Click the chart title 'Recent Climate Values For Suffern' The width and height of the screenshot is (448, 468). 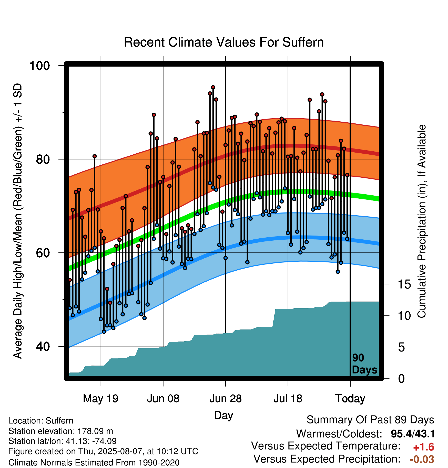click(224, 42)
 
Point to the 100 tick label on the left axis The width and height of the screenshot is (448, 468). click(40, 66)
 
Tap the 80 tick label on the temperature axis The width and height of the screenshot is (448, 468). click(43, 159)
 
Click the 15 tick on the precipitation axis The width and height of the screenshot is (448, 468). click(404, 284)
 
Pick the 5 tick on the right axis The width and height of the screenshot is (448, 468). click(401, 347)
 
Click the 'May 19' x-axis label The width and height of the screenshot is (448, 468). click(101, 399)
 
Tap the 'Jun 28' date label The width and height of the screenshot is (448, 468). click(226, 399)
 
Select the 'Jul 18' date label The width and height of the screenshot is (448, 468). click(288, 399)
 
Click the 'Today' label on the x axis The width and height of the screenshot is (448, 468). click(350, 399)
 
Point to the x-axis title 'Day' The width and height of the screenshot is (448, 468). click(223, 415)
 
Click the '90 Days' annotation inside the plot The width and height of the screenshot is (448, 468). click(364, 364)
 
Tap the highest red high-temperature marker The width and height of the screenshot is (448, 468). click(213, 87)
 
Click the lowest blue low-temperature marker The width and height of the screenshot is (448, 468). click(104, 332)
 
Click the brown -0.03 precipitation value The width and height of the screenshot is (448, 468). click(422, 459)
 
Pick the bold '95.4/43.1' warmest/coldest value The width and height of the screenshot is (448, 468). click(413, 434)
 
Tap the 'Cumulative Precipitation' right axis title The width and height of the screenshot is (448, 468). click(422, 221)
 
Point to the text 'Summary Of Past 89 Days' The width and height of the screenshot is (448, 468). click(370, 420)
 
